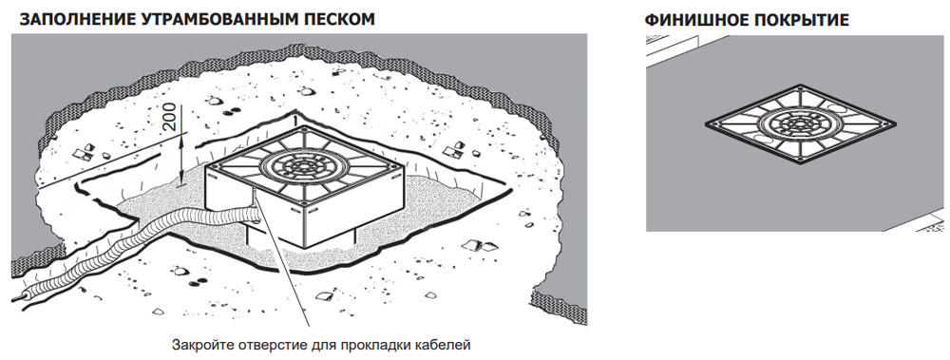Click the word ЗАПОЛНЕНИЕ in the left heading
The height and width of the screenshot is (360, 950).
pyautogui.click(x=75, y=19)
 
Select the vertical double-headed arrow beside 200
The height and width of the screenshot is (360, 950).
pyautogui.click(x=184, y=159)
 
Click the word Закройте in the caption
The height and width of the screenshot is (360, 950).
pyautogui.click(x=195, y=346)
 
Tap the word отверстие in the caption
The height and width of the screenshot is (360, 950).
pyautogui.click(x=248, y=346)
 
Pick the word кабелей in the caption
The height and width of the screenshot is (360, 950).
pyautogui.click(x=448, y=346)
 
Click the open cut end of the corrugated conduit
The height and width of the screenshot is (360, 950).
pyautogui.click(x=19, y=299)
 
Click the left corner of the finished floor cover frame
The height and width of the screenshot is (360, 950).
pyautogui.click(x=707, y=123)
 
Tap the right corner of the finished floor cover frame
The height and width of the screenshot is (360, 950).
pyautogui.click(x=896, y=124)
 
